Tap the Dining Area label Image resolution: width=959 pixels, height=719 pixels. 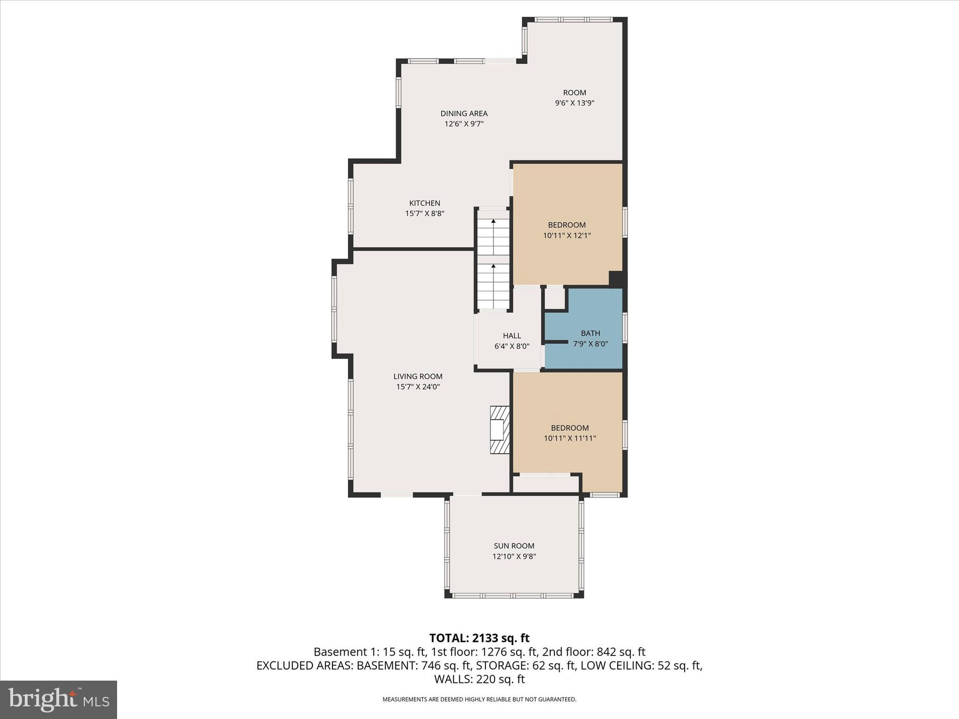(464, 113)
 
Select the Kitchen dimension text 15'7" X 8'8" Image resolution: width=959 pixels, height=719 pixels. (424, 213)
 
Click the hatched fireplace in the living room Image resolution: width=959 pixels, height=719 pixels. (499, 429)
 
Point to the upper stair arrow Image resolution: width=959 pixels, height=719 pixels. (493, 221)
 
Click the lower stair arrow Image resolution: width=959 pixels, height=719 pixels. (493, 266)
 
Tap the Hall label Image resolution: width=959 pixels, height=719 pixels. (512, 336)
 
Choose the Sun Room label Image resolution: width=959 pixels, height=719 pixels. (514, 546)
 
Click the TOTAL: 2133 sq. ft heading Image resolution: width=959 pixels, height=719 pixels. (479, 638)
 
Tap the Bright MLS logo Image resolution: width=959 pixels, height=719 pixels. (59, 699)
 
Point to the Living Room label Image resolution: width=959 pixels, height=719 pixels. (418, 376)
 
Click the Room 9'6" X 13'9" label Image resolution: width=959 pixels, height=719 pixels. (574, 97)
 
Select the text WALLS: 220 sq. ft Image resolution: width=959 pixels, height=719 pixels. (479, 679)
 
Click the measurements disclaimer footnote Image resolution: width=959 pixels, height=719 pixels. (479, 699)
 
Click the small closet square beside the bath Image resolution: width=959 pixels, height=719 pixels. (555, 298)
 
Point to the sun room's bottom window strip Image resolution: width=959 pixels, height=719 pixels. (514, 596)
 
